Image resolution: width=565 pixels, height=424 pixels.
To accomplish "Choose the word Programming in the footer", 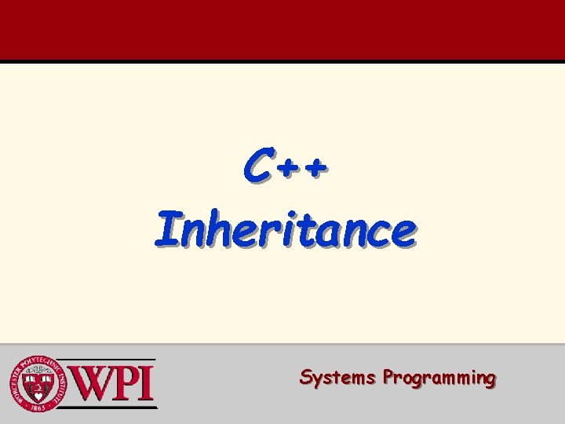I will point(439,378).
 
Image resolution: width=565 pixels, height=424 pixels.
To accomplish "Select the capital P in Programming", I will point(388,378).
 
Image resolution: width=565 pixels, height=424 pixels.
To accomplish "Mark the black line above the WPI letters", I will point(110,360).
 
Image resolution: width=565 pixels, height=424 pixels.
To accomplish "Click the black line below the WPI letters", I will point(110,408).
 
